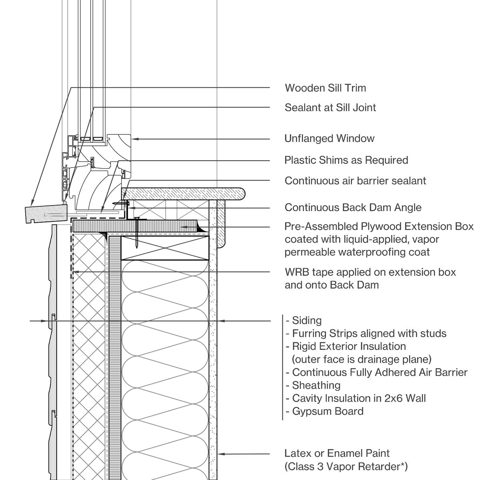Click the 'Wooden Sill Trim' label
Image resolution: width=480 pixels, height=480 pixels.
click(325, 88)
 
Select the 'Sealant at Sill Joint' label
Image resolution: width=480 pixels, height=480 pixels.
click(330, 108)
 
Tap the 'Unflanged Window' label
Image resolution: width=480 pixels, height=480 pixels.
click(329, 139)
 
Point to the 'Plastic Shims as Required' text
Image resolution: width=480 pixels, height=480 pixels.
click(346, 160)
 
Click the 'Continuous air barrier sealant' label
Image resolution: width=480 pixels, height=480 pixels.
click(355, 181)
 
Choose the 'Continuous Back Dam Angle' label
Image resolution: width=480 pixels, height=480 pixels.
click(353, 208)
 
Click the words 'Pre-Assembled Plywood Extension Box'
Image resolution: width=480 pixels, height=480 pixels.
click(379, 227)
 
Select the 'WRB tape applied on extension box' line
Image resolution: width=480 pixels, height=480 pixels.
click(370, 272)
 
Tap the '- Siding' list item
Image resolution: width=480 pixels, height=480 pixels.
click(304, 320)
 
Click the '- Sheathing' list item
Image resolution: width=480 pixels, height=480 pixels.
click(313, 386)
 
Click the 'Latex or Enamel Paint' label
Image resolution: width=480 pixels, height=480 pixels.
click(337, 454)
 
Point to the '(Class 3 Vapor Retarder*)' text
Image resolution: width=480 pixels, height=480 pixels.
click(346, 466)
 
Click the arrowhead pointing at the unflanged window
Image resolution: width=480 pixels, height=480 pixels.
click(135, 139)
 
